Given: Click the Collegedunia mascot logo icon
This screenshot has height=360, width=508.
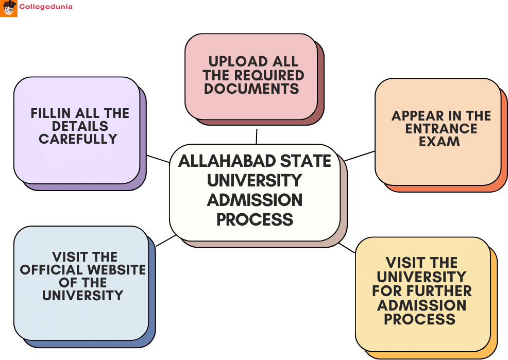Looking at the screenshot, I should [9, 8].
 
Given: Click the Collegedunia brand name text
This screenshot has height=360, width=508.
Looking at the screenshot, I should [46, 7].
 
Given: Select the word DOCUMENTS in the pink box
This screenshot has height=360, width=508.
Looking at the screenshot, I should [251, 89].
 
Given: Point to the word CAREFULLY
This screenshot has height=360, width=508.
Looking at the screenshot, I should [78, 139].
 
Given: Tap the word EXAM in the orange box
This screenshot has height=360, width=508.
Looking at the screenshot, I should [439, 142].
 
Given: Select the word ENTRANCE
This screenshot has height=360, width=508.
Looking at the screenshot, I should [441, 129].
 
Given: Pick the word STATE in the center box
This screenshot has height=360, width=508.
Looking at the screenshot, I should [306, 161].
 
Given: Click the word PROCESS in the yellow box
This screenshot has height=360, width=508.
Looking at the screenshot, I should [419, 319].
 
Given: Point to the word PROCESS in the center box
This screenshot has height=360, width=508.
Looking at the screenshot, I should [255, 219].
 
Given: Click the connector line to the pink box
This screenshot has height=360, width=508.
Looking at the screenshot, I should [256, 136].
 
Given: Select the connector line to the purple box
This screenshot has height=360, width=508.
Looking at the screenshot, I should [158, 159].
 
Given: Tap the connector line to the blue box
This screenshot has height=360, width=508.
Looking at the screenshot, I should [166, 241].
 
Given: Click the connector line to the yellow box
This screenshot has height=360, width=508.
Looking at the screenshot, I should [347, 248].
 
